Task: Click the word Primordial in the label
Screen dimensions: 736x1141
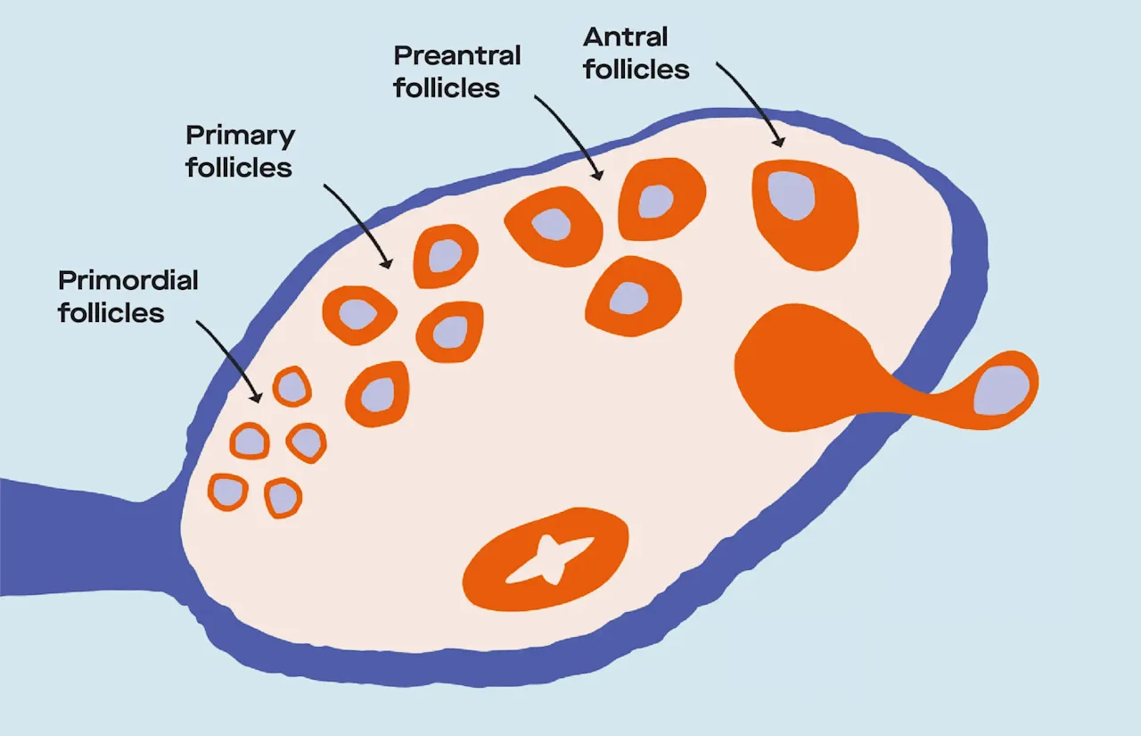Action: click(x=127, y=280)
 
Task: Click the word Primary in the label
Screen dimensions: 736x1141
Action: click(x=240, y=136)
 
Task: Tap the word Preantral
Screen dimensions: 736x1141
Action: click(x=457, y=55)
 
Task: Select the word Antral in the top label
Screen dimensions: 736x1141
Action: click(x=625, y=37)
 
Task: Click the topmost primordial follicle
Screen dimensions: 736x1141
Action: click(x=291, y=387)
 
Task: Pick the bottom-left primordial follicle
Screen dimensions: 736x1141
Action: click(x=228, y=492)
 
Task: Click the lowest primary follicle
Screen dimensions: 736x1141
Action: click(x=377, y=393)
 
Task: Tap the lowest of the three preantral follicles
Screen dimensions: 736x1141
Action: click(x=631, y=297)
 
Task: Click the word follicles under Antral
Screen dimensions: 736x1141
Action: click(x=636, y=70)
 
